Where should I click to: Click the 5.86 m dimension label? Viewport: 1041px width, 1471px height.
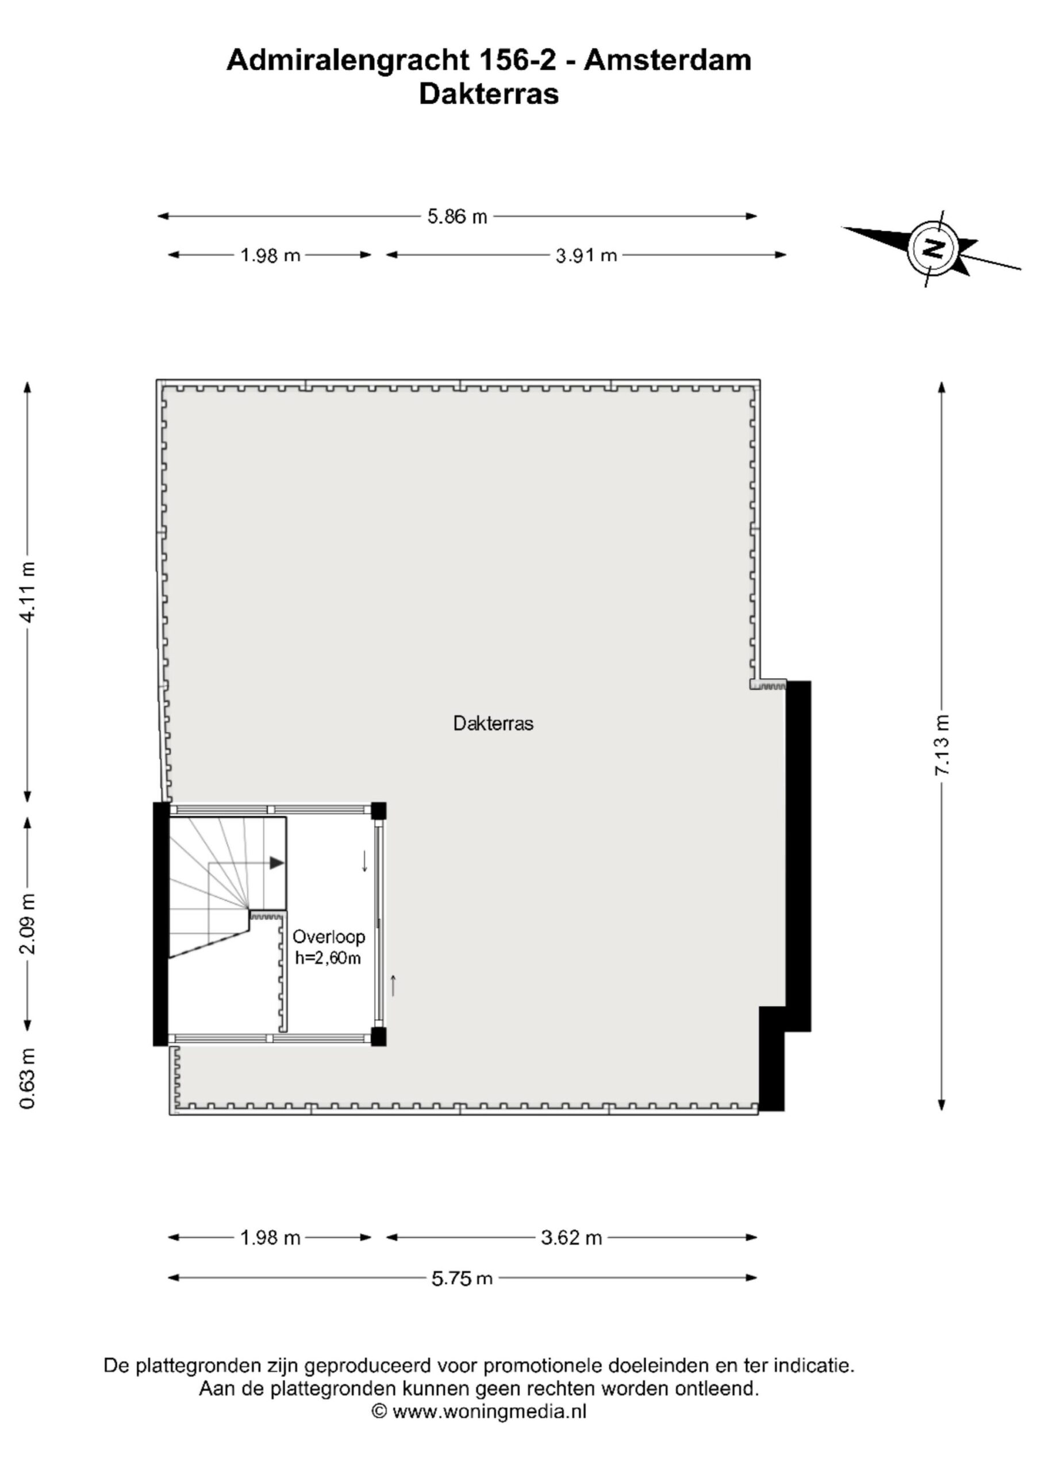457,217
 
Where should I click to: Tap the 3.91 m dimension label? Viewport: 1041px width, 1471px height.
586,256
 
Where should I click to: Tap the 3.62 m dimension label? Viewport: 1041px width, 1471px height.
571,1237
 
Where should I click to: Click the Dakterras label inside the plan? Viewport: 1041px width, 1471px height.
493,723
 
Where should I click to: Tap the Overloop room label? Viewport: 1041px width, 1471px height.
329,937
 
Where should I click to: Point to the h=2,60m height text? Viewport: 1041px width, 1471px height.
328,958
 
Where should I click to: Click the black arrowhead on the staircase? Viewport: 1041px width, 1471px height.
276,863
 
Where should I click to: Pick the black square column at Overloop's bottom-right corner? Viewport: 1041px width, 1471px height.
379,1037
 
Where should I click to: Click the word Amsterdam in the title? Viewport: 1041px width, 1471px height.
667,60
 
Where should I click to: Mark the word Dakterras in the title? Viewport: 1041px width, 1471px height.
489,94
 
